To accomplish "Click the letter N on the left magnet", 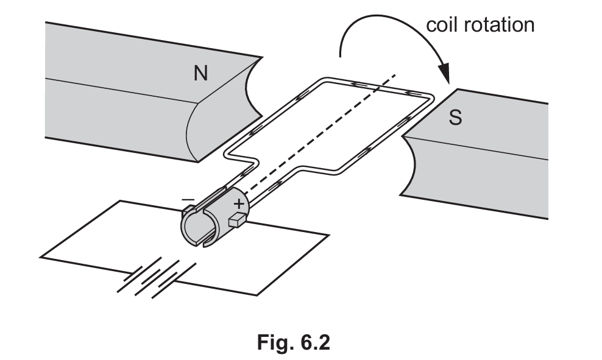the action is pos(201,73).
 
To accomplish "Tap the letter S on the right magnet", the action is pos(455,118).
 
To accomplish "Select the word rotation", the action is pos(499,24).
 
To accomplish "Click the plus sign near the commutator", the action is pos(239,203).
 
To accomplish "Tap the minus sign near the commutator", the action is pos(188,199).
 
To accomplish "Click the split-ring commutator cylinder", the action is pos(215,217).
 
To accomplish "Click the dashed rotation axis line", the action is pos(319,133).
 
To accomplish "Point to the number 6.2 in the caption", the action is pos(311,342).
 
